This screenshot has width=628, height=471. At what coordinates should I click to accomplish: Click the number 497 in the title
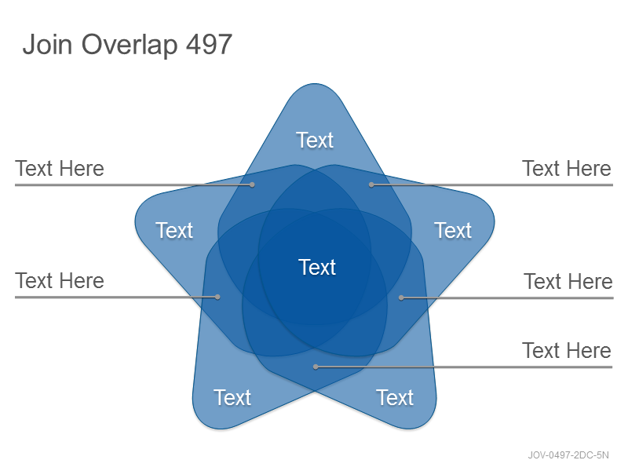[x=209, y=44]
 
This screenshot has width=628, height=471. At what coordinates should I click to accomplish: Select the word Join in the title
[x=48, y=44]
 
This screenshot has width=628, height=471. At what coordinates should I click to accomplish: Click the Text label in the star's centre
[x=317, y=267]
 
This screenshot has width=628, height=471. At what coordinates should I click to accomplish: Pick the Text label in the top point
[x=315, y=141]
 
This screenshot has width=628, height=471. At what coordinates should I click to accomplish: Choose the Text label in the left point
[x=174, y=230]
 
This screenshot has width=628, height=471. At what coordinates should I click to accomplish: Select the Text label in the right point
[x=453, y=230]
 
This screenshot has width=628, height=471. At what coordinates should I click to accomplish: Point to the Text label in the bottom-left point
[x=232, y=397]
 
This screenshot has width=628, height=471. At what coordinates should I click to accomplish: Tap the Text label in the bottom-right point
[x=395, y=397]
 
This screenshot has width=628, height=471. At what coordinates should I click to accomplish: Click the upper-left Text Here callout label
[x=60, y=169]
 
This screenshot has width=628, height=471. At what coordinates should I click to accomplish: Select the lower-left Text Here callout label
[x=60, y=281]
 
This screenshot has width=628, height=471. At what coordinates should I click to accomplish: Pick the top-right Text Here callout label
[x=567, y=169]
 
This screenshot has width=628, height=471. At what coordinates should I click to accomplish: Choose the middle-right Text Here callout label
[x=568, y=282]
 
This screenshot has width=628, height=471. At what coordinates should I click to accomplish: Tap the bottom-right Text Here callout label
[x=567, y=351]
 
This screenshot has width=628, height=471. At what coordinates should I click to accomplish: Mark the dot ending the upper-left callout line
[x=252, y=184]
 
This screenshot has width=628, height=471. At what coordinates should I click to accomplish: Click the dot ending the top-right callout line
[x=371, y=184]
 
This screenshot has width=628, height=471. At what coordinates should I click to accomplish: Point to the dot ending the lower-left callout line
[x=217, y=297]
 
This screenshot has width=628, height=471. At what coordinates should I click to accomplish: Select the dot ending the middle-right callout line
[x=401, y=298]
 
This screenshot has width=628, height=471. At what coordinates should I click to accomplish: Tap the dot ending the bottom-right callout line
[x=316, y=367]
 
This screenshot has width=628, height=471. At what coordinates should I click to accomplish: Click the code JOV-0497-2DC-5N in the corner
[x=568, y=455]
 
